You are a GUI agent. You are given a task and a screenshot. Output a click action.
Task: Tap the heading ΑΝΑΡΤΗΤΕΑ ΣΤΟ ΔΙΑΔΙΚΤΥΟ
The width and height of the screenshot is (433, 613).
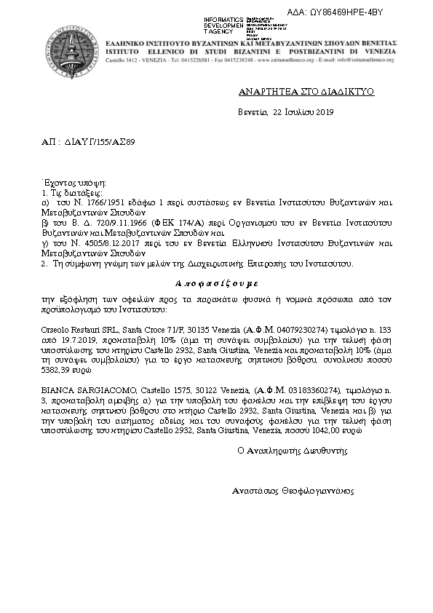click(295, 92)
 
